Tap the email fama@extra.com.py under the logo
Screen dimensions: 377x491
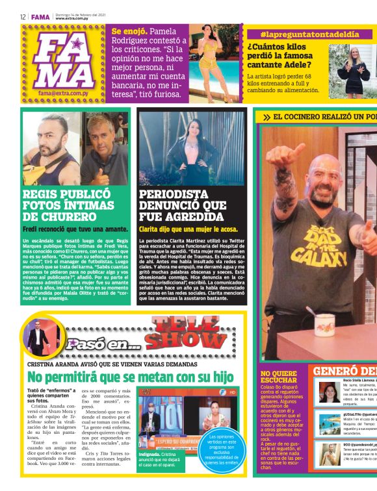(x=63, y=93)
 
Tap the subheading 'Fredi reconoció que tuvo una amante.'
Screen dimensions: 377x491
(x=65, y=229)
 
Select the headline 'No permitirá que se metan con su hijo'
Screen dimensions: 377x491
(x=130, y=377)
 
